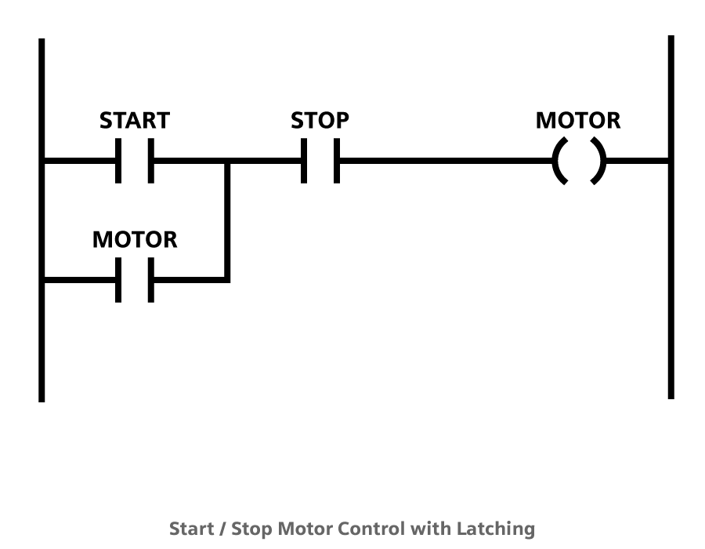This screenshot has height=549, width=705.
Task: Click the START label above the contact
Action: [x=134, y=121]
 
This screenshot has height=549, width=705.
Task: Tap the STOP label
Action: [x=320, y=121]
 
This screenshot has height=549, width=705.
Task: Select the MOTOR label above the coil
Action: [x=578, y=121]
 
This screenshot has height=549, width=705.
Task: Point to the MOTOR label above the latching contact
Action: [x=135, y=239]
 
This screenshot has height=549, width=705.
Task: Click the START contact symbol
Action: [x=135, y=162]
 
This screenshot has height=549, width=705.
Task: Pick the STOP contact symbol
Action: [x=320, y=162]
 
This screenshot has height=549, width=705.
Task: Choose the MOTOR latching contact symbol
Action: [x=135, y=280]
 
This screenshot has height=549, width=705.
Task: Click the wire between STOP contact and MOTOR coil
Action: [x=446, y=162]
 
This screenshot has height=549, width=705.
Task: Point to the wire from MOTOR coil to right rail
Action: [x=638, y=162]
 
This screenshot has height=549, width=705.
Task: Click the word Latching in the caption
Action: [x=497, y=529]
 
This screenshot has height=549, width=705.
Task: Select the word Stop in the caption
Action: [x=251, y=529]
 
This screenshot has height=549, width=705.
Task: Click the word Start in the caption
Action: [x=191, y=529]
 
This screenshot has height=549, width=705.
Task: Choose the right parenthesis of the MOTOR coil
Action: [x=599, y=162]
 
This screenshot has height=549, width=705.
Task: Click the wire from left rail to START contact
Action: [x=78, y=162]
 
